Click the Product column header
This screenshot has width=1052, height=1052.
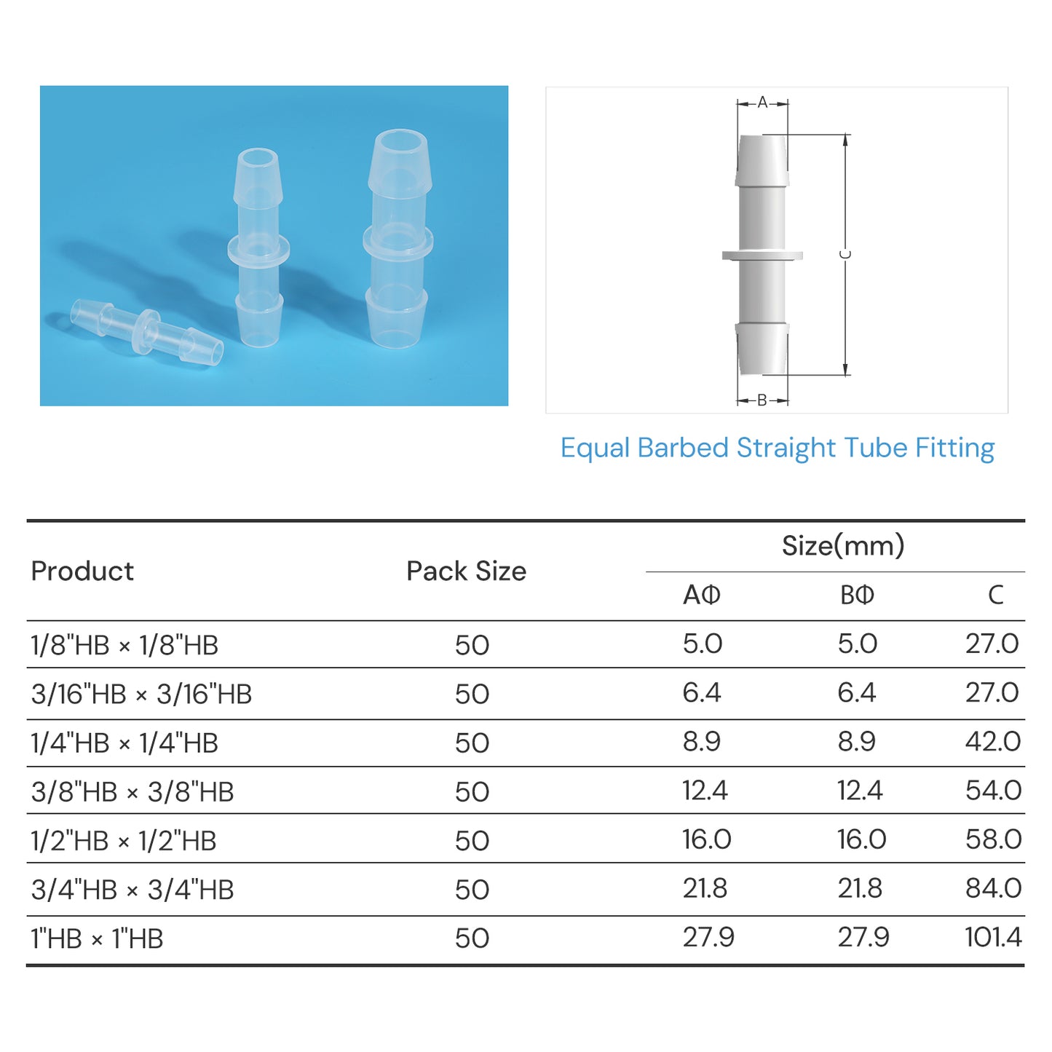click(82, 572)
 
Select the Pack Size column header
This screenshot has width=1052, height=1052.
click(466, 572)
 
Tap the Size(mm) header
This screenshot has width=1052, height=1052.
click(842, 546)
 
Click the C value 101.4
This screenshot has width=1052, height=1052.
click(993, 937)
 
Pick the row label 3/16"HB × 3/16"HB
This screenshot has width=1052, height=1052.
click(141, 694)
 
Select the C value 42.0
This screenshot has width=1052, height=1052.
click(993, 742)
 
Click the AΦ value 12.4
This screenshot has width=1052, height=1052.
click(704, 791)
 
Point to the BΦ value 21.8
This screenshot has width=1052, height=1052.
click(859, 888)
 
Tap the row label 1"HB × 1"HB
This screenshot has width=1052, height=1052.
click(97, 938)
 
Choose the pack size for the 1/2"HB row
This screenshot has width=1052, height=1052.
click(472, 841)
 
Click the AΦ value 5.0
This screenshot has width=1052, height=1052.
click(702, 644)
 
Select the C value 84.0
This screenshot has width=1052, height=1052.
click(993, 888)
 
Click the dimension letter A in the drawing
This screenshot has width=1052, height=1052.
click(762, 103)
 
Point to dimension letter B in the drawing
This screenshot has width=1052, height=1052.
click(762, 400)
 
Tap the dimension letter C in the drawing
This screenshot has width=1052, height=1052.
click(845, 254)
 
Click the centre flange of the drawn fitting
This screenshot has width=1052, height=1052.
click(762, 256)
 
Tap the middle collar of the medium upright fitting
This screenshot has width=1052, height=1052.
click(258, 249)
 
